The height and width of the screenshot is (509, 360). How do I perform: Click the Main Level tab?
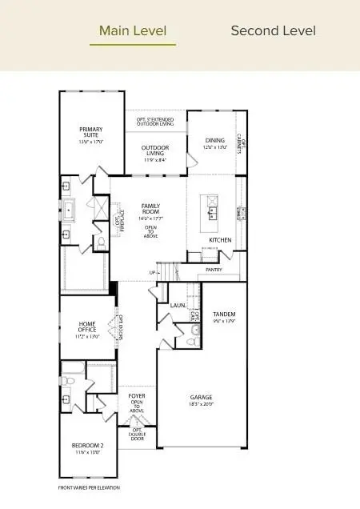tap(133, 31)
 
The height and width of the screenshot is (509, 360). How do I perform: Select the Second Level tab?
tap(273, 31)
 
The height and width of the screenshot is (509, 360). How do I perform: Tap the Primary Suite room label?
tap(90, 132)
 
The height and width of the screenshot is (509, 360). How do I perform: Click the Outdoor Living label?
tap(155, 150)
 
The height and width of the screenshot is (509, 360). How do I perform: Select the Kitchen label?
tap(220, 239)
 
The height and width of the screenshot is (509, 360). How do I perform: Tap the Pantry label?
tap(214, 270)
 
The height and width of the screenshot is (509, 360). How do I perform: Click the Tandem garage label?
tap(225, 314)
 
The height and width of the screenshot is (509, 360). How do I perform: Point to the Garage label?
tap(200, 397)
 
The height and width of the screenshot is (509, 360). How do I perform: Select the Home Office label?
tap(87, 327)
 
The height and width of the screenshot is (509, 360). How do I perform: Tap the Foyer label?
tap(137, 395)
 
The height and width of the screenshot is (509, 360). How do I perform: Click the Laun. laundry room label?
tap(178, 305)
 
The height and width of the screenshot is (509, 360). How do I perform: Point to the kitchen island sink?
tap(213, 213)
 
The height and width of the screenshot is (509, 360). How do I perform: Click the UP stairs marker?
tap(153, 273)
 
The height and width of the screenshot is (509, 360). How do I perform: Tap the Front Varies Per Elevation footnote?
tap(88, 487)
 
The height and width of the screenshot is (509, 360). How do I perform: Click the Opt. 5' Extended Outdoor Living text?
tap(155, 122)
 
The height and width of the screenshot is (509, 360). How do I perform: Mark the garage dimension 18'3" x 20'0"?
tap(200, 404)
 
